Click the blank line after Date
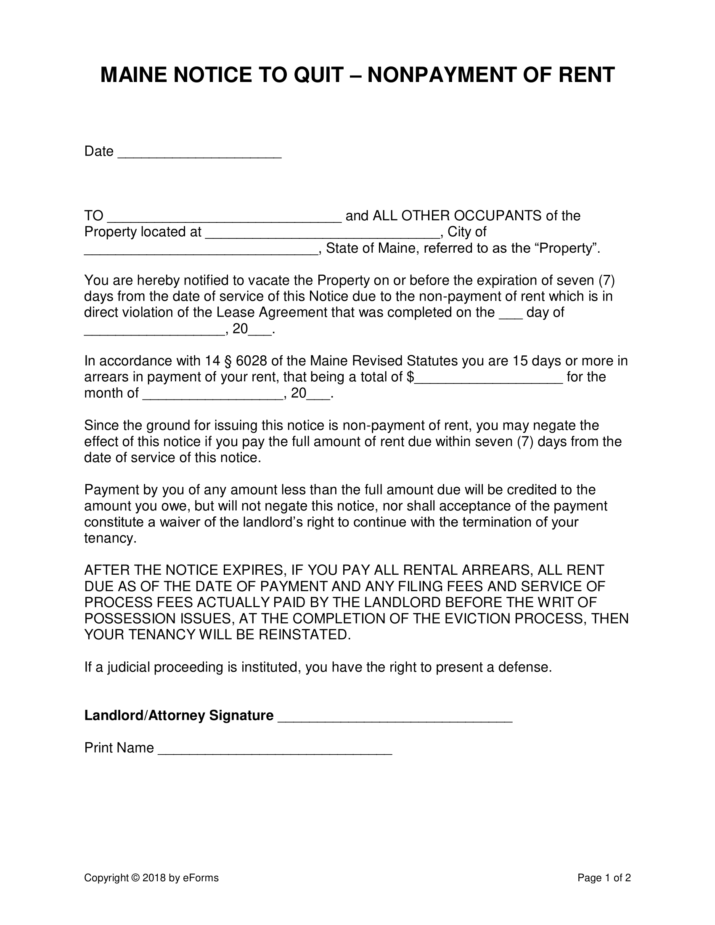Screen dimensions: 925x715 [199, 154]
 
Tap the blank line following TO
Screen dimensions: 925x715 [225, 219]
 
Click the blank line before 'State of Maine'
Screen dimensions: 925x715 [201, 251]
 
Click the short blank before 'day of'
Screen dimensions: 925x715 [511, 315]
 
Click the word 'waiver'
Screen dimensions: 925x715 [180, 522]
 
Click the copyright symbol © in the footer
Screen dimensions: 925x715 [135, 878]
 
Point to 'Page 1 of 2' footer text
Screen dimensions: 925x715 [604, 878]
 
